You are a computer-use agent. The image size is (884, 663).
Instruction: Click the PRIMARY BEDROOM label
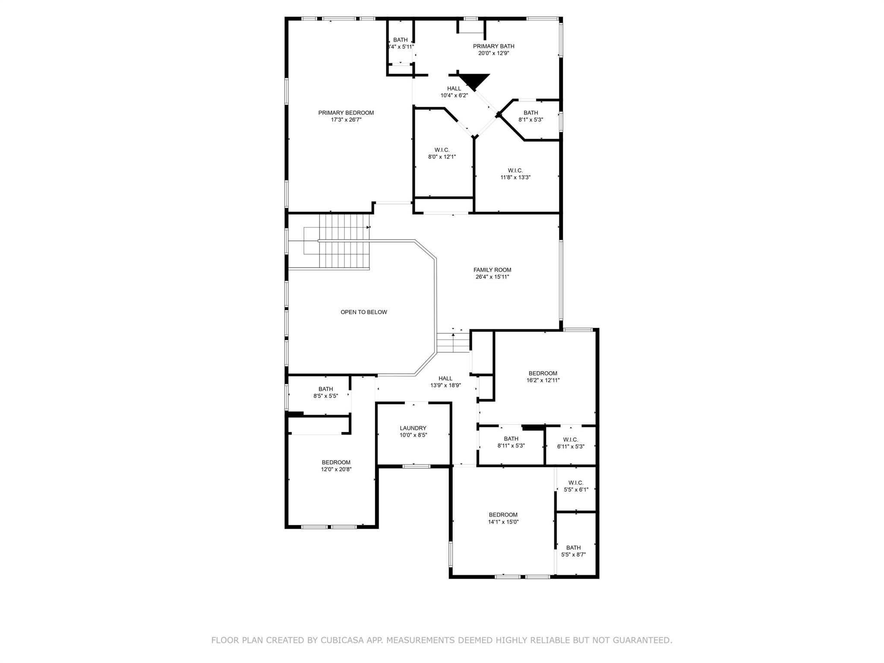click(x=346, y=113)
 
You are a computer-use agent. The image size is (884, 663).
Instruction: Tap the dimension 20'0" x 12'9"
click(x=493, y=54)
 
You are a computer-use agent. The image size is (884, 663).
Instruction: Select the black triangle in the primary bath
click(x=474, y=81)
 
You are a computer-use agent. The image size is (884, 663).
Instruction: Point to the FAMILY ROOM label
click(x=492, y=270)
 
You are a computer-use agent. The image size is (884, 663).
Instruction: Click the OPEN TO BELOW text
click(x=363, y=312)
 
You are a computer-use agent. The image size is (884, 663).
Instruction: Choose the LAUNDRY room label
click(x=413, y=428)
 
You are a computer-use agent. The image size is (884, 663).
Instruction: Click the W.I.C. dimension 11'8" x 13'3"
click(x=515, y=177)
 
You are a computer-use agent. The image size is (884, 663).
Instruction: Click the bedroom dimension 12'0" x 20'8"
click(x=336, y=470)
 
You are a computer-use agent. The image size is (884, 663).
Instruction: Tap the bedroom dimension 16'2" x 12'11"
click(x=543, y=381)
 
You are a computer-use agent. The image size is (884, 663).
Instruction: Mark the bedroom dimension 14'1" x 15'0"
click(x=503, y=522)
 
